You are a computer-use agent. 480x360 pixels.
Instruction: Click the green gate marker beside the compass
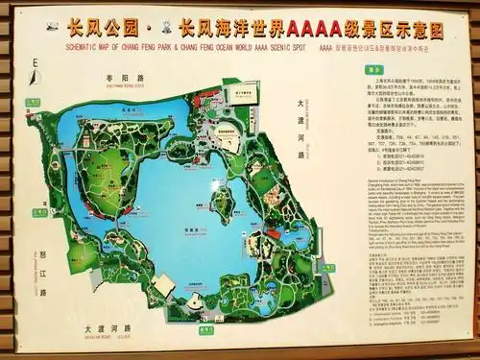(x=34, y=100)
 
